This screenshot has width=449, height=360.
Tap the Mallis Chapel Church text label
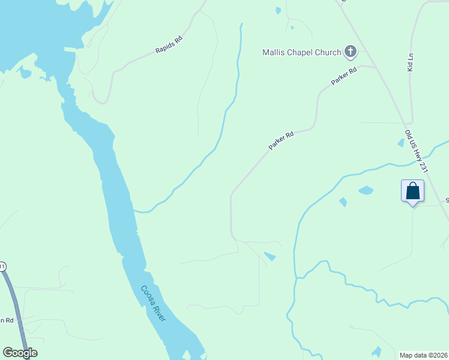[301, 52]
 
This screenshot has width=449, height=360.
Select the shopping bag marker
[412, 191]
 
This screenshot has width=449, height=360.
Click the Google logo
[20, 353]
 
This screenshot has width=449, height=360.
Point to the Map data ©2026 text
[423, 355]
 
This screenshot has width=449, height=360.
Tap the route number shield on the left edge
[2, 266]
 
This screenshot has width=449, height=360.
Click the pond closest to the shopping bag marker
[366, 190]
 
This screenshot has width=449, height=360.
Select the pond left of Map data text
[376, 352]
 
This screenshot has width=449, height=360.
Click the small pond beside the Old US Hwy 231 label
[401, 143]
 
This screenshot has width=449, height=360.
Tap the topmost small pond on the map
[278, 10]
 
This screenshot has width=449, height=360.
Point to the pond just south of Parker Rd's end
[270, 257]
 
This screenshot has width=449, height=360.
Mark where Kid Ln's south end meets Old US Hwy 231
[412, 123]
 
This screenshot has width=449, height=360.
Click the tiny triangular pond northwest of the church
[292, 27]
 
